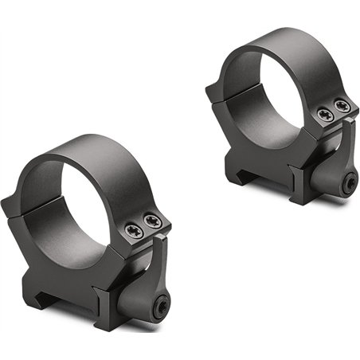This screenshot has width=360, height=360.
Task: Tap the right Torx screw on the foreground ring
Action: coord(151,222)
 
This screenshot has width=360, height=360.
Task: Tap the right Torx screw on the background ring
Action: coord(342,106)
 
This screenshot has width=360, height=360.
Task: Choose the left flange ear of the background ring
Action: coord(213,95)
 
